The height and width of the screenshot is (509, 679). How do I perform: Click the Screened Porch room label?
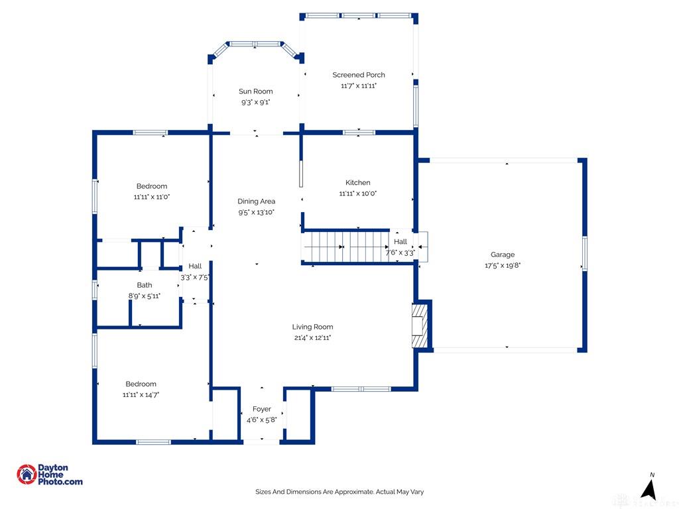pyautogui.click(x=359, y=75)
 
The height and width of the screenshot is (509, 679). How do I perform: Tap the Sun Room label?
pyautogui.click(x=255, y=91)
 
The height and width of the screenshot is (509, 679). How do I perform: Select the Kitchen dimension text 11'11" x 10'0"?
pyautogui.click(x=357, y=194)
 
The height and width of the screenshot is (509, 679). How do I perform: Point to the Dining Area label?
pyautogui.click(x=257, y=201)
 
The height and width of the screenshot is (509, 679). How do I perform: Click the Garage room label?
pyautogui.click(x=503, y=255)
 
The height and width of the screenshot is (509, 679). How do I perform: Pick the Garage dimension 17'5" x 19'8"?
pyautogui.click(x=503, y=265)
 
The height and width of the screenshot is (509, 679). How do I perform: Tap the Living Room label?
pyautogui.click(x=312, y=327)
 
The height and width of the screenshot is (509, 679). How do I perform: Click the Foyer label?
pyautogui.click(x=261, y=409)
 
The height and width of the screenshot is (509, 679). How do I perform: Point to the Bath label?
pyautogui.click(x=144, y=285)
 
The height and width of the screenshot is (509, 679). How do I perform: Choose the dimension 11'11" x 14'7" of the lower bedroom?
pyautogui.click(x=141, y=395)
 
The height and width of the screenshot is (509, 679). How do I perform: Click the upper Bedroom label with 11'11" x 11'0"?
pyautogui.click(x=152, y=186)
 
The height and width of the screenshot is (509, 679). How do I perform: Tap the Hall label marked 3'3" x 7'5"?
pyautogui.click(x=195, y=266)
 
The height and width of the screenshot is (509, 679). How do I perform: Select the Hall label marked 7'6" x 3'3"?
pyautogui.click(x=400, y=241)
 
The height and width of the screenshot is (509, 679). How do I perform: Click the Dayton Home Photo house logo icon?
pyautogui.click(x=27, y=475)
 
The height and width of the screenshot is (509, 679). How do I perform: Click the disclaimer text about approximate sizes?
pyautogui.click(x=339, y=492)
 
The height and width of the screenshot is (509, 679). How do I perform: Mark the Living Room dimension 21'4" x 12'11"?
pyautogui.click(x=312, y=337)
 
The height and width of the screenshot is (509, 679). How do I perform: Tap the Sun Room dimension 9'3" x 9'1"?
pyautogui.click(x=255, y=102)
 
